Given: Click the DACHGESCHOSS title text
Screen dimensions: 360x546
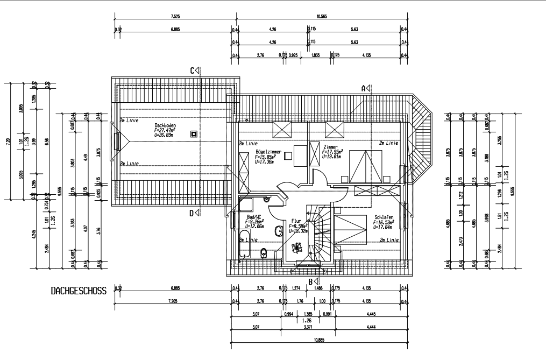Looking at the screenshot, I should coord(79,291).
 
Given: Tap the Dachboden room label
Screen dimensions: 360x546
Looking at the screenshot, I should coord(165,125).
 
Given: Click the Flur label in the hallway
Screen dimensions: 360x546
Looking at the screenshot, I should coord(296,221).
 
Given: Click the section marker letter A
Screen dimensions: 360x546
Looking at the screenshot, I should coord(364,88).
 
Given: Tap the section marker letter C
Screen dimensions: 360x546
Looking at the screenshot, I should coord(192,70).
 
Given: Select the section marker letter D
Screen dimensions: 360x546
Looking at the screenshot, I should coord(192,213).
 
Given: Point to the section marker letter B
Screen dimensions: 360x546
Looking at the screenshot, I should coord(310,281).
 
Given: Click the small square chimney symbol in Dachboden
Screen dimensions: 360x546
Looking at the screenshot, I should coord(194,133).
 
